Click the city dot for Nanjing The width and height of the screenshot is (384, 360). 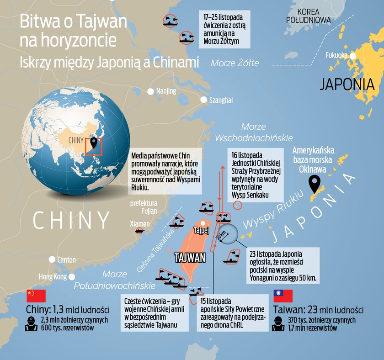[x=150, y=91]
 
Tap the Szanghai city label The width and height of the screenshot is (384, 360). [x=220, y=100]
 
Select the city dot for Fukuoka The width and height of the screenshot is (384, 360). [x=353, y=56]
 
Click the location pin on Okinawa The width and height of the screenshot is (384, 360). [x=314, y=184]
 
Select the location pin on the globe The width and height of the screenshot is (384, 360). [x=94, y=143]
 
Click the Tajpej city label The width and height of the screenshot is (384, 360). [x=201, y=230]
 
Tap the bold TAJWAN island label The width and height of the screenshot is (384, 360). [x=190, y=258]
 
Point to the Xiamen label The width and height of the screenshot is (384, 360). [x=139, y=224]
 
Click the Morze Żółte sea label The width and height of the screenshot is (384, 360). [x=235, y=63]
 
